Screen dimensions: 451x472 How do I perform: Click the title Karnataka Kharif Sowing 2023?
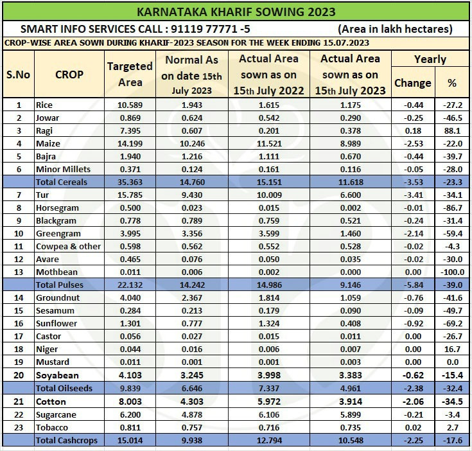236,12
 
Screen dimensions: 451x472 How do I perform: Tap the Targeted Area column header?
130,74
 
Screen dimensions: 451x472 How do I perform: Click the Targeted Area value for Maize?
130,143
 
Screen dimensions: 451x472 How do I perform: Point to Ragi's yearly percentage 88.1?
452,130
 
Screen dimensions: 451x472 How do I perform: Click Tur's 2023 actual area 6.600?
351,194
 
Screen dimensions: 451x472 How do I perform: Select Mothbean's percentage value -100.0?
452,271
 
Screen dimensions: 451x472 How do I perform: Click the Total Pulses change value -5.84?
413,284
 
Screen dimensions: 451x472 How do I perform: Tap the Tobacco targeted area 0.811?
130,427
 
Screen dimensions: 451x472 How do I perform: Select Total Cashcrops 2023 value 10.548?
351,440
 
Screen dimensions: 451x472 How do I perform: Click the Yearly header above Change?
430,59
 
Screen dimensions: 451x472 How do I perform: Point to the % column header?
452,83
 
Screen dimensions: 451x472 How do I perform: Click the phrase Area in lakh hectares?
395,29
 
